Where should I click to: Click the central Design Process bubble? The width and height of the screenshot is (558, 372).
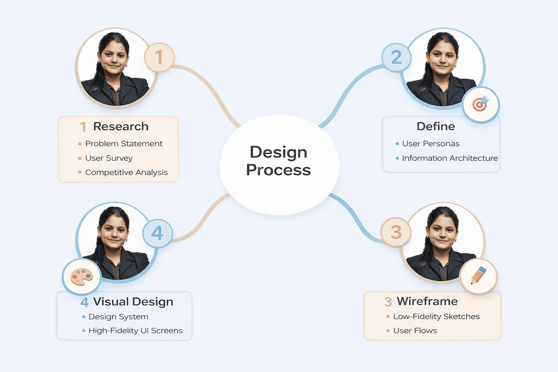pos(279,165)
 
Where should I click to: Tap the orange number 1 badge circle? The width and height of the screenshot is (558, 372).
pos(159,57)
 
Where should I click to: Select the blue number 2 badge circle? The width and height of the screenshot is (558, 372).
pos(396,57)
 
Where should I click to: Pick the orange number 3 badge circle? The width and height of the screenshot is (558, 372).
pos(396,232)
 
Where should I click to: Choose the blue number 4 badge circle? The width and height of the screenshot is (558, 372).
pos(157,233)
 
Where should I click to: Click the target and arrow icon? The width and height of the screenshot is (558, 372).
pos(481,104)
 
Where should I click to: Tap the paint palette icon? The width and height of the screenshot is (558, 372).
pos(81,277)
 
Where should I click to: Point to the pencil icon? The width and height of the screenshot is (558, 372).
pos(478,276)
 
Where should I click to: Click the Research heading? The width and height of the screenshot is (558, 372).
pos(121,126)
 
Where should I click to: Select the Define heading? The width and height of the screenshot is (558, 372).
pos(436,126)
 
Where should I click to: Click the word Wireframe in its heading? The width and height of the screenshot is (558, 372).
pos(427,301)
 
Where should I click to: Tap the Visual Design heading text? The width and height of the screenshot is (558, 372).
pos(133,302)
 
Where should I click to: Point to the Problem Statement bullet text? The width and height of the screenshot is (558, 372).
pos(124,144)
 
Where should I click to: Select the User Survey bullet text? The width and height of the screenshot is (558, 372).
pos(109,158)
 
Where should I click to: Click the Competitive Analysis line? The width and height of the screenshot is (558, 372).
pos(126,172)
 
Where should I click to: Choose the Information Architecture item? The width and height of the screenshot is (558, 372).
pos(450,158)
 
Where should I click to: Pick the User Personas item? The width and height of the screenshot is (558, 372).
pos(430,144)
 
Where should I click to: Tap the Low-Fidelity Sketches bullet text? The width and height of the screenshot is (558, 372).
pos(436,316)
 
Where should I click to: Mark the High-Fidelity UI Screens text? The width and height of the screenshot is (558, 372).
pos(136,331)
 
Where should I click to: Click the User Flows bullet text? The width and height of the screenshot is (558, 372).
pos(415,331)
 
